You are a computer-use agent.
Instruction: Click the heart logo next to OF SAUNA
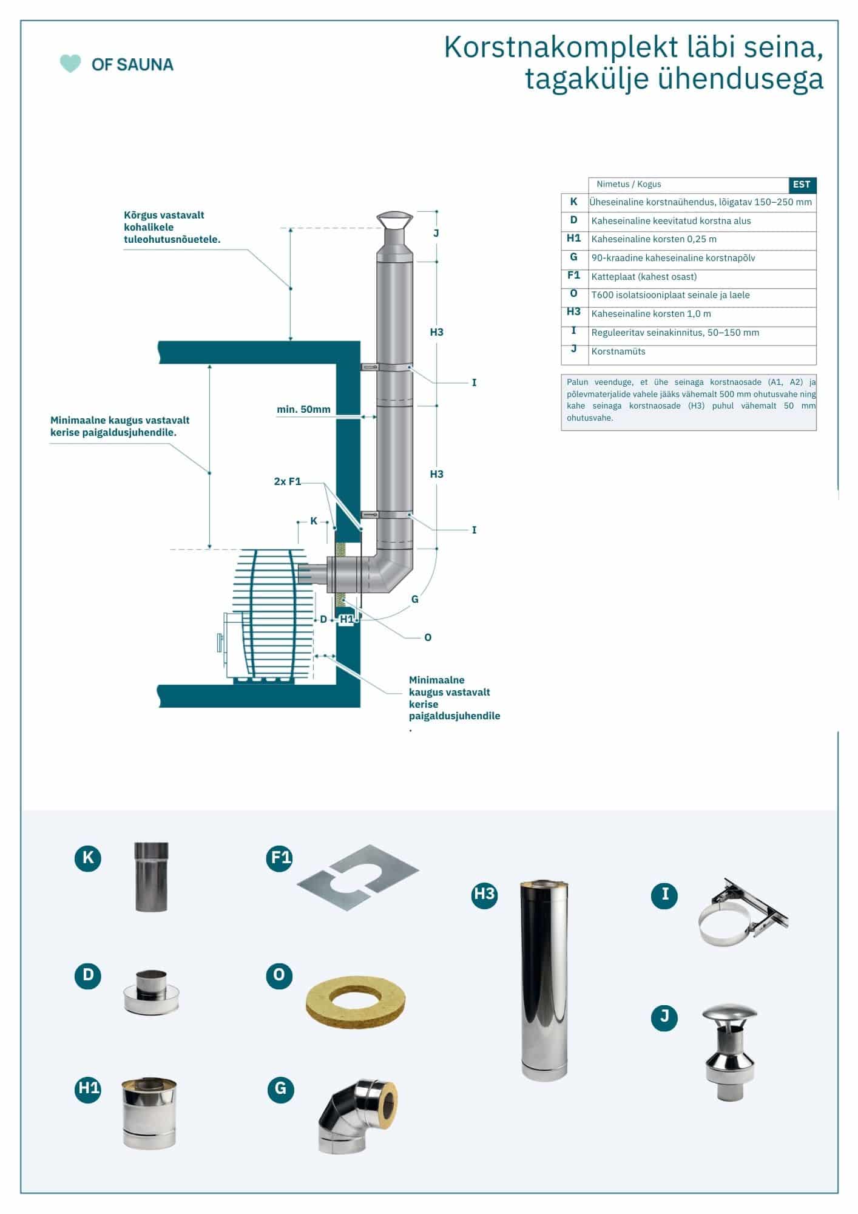[x=70, y=64]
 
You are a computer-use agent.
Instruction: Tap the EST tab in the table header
[x=802, y=185]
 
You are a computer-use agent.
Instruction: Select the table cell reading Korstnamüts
[x=618, y=351]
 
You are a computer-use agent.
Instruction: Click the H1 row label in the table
[x=573, y=239]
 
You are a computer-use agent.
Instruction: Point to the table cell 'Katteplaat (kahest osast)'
[x=644, y=277]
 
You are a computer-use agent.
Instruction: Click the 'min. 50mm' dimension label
[x=303, y=409]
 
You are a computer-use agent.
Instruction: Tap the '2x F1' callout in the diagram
[x=287, y=481]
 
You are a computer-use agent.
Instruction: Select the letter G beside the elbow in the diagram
[x=415, y=599]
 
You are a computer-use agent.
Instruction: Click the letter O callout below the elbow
[x=428, y=637]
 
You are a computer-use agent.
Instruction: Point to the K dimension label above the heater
[x=314, y=521]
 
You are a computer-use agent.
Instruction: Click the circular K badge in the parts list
[x=88, y=857]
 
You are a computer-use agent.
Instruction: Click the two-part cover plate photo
[x=358, y=877]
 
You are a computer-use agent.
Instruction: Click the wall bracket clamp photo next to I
[x=743, y=912]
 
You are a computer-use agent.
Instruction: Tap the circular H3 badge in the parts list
[x=484, y=895]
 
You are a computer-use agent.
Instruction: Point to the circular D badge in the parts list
[x=88, y=975]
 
